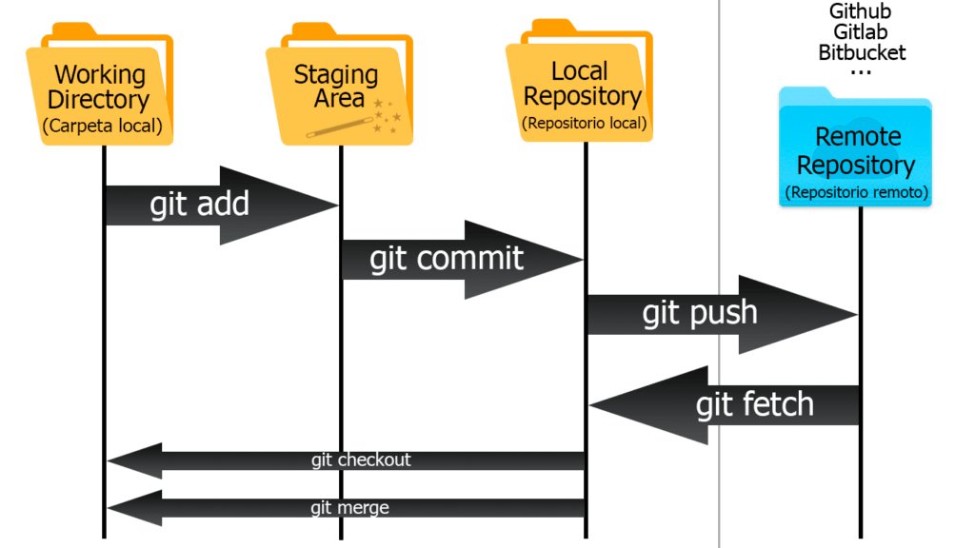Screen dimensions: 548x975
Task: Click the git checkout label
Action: [361, 460]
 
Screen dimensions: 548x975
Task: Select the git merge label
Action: [349, 507]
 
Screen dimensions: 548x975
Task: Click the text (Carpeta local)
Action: [102, 126]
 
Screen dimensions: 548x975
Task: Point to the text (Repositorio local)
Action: [584, 123]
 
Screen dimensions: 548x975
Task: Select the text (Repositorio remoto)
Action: [856, 192]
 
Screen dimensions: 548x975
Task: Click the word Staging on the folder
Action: [335, 74]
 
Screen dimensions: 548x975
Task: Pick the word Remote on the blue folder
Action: [857, 137]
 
